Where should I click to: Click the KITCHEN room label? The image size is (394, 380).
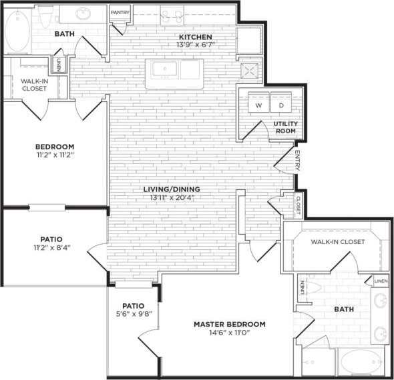(x=195, y=37)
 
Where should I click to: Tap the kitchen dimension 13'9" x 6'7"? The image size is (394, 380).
(x=195, y=45)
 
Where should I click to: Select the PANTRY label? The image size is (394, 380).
(x=120, y=12)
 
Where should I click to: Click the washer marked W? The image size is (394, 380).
(x=258, y=105)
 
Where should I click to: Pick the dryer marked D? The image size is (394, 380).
(x=281, y=105)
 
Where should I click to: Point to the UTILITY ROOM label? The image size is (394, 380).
(x=284, y=127)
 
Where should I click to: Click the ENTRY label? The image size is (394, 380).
(x=297, y=160)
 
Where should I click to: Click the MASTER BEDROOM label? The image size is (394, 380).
(x=229, y=324)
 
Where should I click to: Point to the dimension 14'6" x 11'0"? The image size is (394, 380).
(x=229, y=333)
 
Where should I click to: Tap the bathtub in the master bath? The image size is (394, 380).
(x=359, y=363)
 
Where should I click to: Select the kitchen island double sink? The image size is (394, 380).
(x=176, y=69)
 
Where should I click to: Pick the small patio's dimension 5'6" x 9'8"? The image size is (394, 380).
(x=133, y=315)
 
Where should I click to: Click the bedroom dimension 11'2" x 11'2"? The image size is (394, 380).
(x=54, y=155)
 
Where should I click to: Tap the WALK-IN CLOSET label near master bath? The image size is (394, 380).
(x=338, y=241)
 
